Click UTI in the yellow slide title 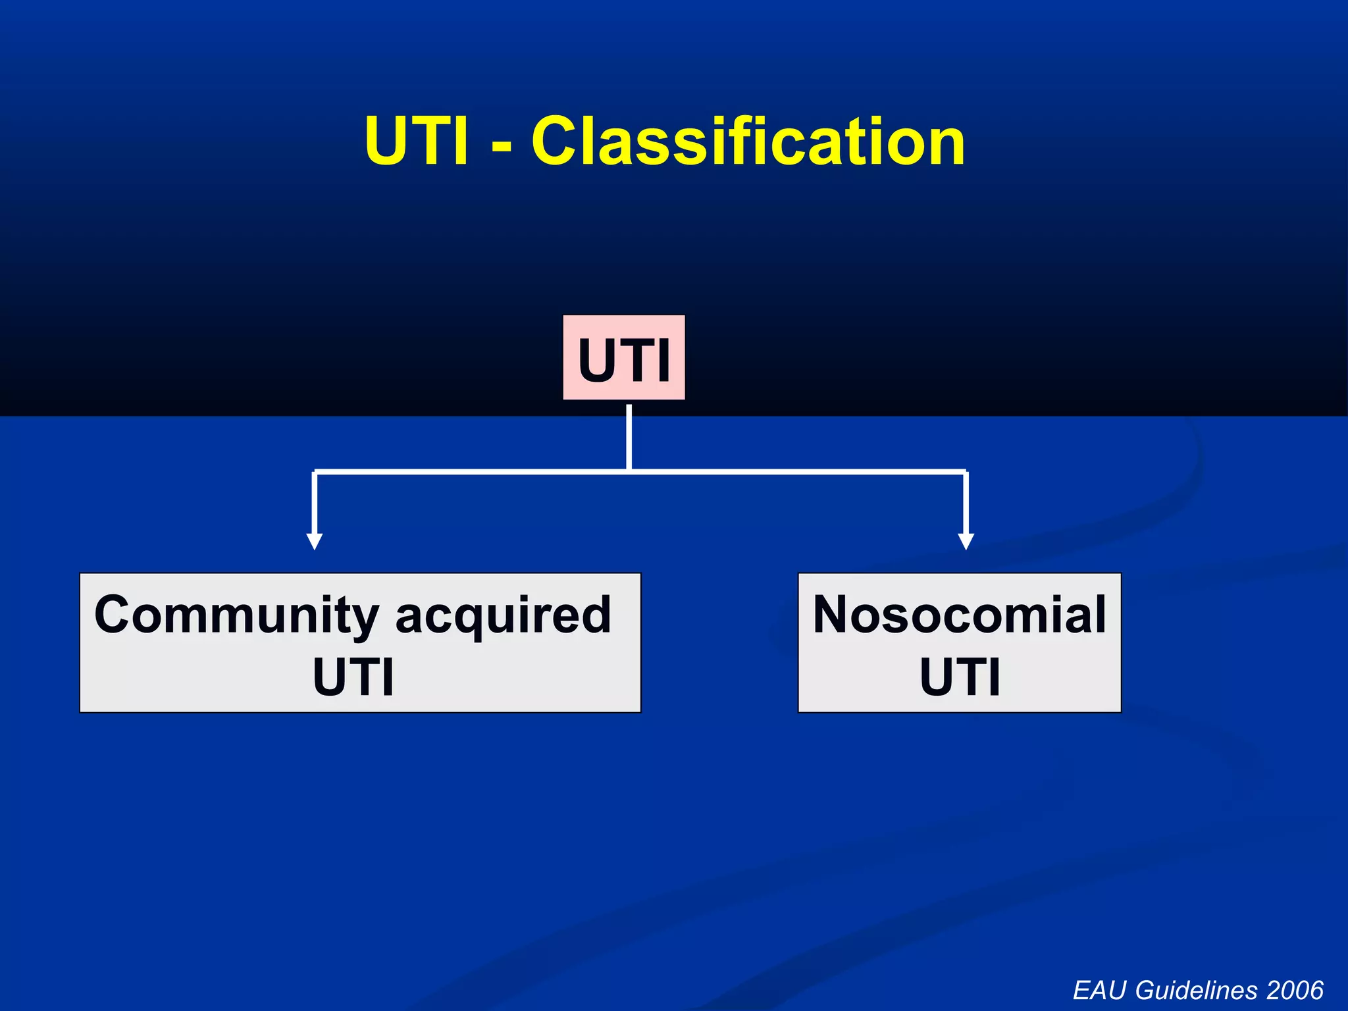coord(417,142)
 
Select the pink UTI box coord(623,358)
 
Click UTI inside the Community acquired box coord(353,677)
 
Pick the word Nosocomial coord(959,614)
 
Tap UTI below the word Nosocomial coord(960,677)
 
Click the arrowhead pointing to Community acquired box coord(315,542)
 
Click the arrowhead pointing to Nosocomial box coord(966,542)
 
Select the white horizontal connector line coord(790,471)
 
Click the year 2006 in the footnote coord(1295,990)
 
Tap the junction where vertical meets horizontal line coord(629,471)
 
